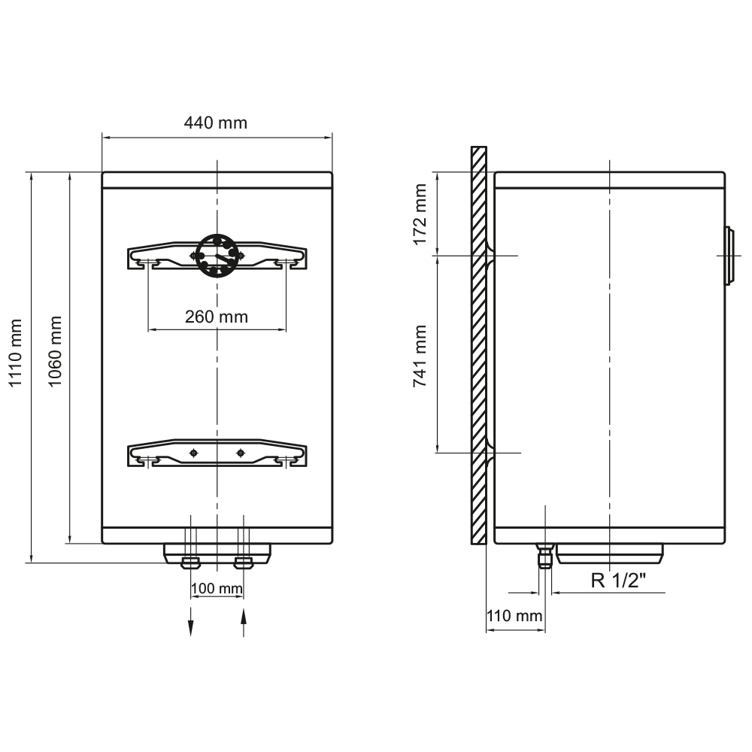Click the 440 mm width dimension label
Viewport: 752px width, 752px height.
(x=215, y=123)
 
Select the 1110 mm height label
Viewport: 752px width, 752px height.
(x=16, y=353)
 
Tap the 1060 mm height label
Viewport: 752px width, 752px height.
(x=55, y=351)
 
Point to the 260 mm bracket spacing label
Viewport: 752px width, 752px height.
(x=217, y=317)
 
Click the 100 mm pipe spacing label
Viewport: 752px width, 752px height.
(x=217, y=588)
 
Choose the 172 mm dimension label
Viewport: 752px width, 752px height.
(x=420, y=214)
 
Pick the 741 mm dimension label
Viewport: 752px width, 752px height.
(x=420, y=356)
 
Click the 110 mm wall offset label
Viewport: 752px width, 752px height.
(x=514, y=615)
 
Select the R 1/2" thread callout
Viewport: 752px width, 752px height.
(x=618, y=581)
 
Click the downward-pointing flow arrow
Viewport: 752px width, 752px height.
(x=191, y=622)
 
